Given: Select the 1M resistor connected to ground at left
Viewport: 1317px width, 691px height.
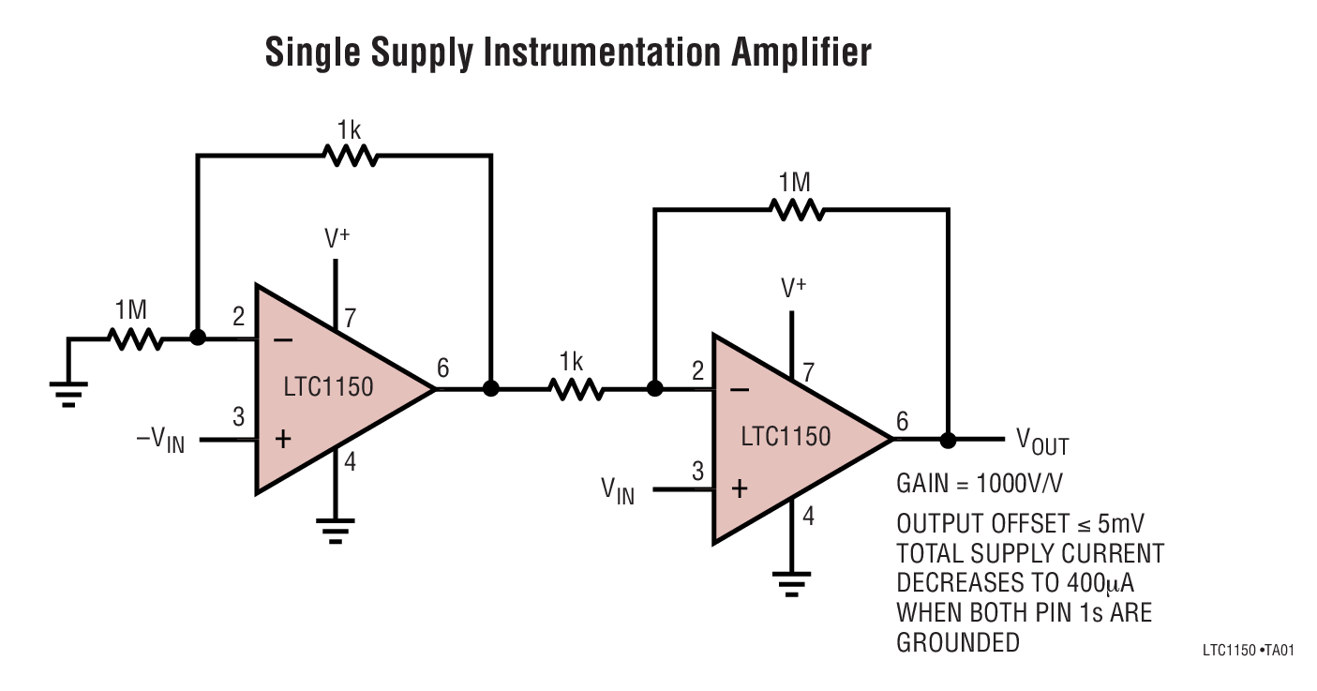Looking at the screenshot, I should coord(136,338).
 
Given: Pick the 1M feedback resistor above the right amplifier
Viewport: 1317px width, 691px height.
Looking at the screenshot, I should coord(797,210).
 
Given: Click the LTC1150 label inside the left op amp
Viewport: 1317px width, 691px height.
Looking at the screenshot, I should coord(327,386).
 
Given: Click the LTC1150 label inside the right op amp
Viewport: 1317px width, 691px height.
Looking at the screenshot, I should coord(786,437).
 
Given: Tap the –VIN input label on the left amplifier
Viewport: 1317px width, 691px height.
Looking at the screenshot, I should coord(160,440).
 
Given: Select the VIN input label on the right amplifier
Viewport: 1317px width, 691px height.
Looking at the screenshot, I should coord(617,490).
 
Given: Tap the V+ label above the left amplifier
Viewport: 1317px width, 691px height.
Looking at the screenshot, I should coord(337,238).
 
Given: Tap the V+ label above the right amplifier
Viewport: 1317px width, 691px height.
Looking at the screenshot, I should coord(794,289).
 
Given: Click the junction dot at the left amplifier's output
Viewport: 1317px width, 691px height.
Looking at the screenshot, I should coord(490,388).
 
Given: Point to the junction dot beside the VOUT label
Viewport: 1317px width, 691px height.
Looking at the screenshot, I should coord(948,439).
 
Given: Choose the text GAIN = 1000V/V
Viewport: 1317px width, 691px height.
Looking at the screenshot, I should coord(979,484).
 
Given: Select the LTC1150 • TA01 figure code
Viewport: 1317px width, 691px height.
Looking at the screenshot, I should coord(1247,650).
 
